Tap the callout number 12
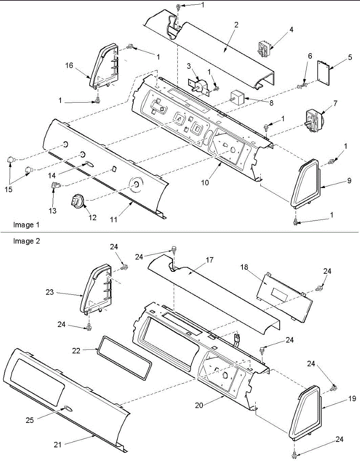click(x=92, y=218)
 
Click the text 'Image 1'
click(x=26, y=224)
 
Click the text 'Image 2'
click(x=26, y=241)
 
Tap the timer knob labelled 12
click(x=77, y=201)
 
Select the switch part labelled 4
click(x=265, y=49)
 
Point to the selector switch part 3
click(x=201, y=86)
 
